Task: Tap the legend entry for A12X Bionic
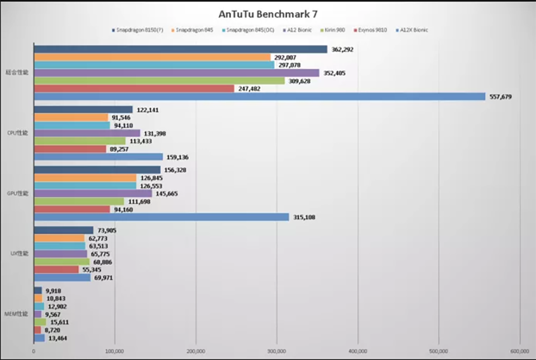pyautogui.click(x=413, y=30)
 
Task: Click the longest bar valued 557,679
pyautogui.click(x=260, y=97)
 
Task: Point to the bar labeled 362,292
pyautogui.click(x=180, y=50)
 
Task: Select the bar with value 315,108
pyautogui.click(x=161, y=217)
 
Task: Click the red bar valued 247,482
pyautogui.click(x=134, y=89)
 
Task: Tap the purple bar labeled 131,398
pyautogui.click(x=87, y=133)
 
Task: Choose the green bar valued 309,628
pyautogui.click(x=159, y=81)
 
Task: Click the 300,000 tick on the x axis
pyautogui.click(x=277, y=351)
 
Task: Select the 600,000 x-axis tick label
pyautogui.click(x=519, y=351)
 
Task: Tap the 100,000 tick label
pyautogui.click(x=115, y=351)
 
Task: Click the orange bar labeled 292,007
pyautogui.click(x=152, y=57)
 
